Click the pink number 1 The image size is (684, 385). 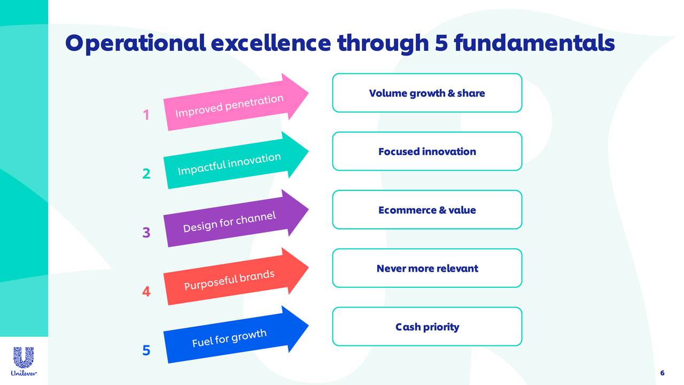146,115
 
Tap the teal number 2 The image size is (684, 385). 146,174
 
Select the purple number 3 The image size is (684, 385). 146,233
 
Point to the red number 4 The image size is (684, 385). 146,292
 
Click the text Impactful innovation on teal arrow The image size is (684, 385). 229,164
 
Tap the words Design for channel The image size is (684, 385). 229,222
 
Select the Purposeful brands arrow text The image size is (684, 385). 229,281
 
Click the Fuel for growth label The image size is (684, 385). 229,338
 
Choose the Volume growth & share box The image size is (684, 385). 427,93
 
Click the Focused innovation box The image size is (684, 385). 427,151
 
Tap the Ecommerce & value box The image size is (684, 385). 427,210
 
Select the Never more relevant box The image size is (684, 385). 427,268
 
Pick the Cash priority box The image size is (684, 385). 427,327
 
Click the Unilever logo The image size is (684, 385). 24,361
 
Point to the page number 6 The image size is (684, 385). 662,373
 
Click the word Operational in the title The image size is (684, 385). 134,43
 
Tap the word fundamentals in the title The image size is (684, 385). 534,42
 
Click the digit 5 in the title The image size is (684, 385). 441,42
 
